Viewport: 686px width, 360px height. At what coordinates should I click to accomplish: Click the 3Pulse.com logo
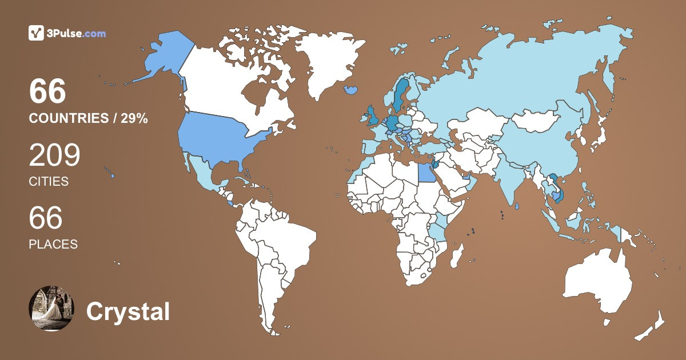67,33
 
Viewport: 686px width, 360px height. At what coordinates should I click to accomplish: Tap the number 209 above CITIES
54,155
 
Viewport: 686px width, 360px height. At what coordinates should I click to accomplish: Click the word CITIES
49,182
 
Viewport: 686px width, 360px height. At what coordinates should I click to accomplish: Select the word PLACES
53,244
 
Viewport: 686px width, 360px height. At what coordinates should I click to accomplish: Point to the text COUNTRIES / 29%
89,118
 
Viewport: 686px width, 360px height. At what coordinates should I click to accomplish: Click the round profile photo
51,308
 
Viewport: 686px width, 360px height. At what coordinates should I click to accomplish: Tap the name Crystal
128,312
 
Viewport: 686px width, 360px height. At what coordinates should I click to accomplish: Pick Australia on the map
597,283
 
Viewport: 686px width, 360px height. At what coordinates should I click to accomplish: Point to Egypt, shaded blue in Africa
424,171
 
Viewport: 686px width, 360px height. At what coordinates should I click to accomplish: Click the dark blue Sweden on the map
400,94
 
